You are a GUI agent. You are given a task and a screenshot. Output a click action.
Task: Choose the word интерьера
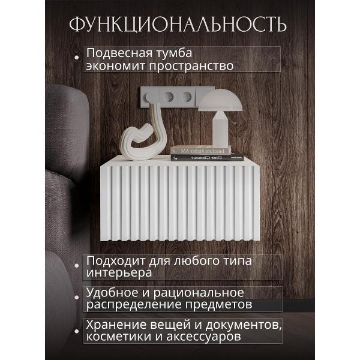pyautogui.click(x=118, y=273)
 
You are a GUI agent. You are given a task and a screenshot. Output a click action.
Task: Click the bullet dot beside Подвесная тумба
pyautogui.click(x=77, y=58)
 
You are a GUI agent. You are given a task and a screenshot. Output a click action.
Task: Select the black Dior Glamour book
pyautogui.click(x=207, y=157)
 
